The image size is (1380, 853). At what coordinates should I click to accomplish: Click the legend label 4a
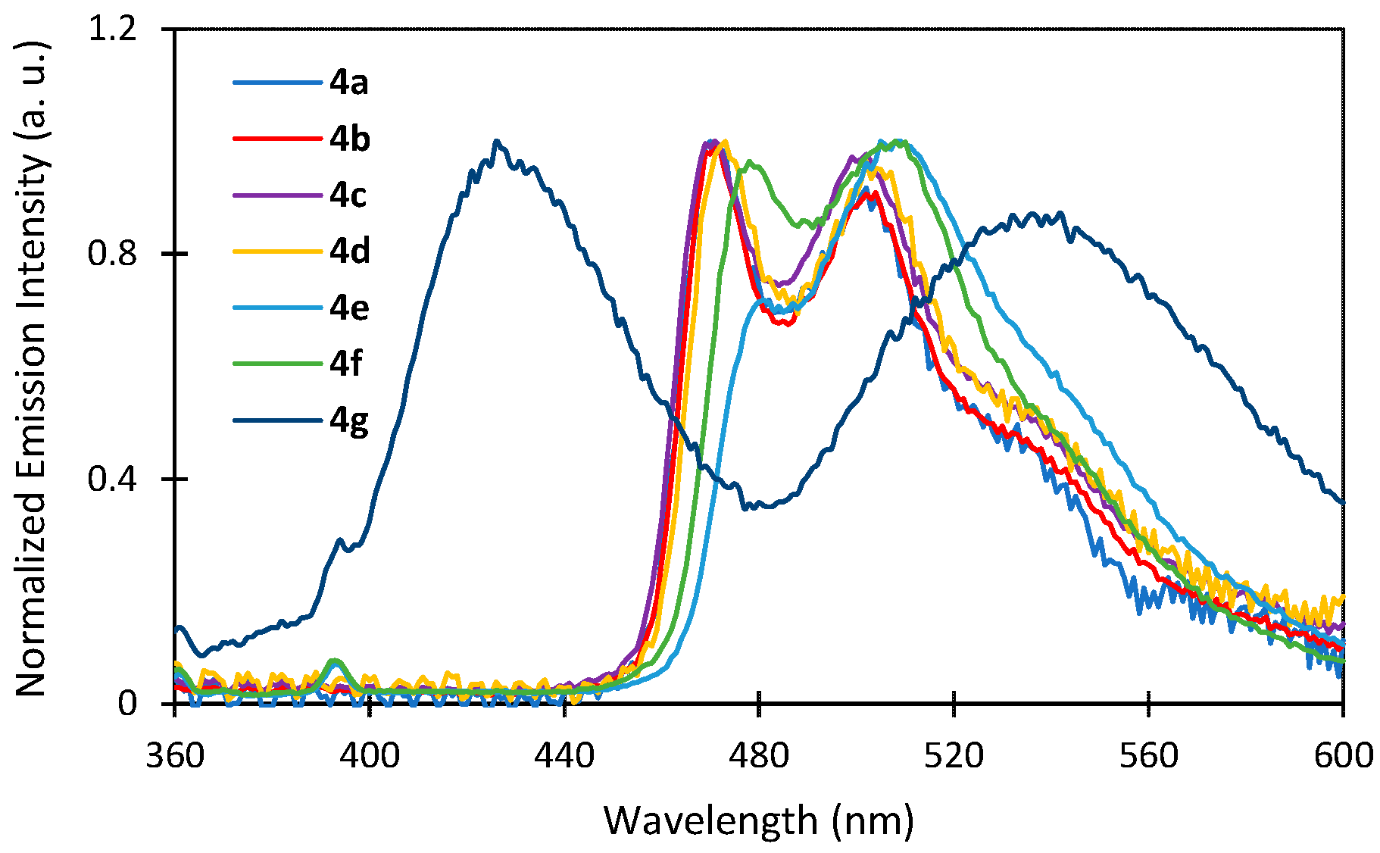348,82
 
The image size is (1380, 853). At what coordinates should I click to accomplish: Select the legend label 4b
349,139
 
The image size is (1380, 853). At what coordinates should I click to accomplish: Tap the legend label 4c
348,195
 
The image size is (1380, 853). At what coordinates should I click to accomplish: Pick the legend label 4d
349,251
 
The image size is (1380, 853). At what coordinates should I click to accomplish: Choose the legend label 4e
348,308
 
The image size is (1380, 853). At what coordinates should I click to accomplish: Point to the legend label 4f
346,364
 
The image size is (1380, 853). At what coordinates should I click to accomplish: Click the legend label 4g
348,420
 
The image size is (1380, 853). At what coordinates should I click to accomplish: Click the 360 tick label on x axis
175,755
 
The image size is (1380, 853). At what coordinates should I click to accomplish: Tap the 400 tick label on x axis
370,755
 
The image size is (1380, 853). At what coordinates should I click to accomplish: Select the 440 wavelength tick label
564,755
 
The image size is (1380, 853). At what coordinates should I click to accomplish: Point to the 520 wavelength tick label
954,755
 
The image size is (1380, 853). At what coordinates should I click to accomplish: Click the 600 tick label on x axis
1343,755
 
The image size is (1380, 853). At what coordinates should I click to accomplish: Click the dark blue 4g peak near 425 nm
496,142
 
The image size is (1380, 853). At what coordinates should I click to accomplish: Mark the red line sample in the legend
277,139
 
